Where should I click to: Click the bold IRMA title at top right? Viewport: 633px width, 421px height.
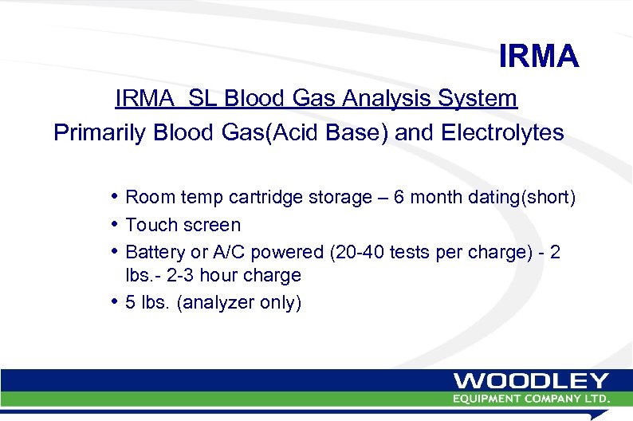[538, 57]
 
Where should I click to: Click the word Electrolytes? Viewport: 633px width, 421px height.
[499, 132]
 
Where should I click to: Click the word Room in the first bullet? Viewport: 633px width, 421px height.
[149, 197]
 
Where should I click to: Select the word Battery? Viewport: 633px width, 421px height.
[155, 253]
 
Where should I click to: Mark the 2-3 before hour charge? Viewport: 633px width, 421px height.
[189, 276]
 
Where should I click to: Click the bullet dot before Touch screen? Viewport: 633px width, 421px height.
[116, 224]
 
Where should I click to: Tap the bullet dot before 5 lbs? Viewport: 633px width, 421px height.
[116, 302]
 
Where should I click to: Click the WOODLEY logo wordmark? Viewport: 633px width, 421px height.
[531, 381]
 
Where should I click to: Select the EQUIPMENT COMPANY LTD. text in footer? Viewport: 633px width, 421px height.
[531, 398]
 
